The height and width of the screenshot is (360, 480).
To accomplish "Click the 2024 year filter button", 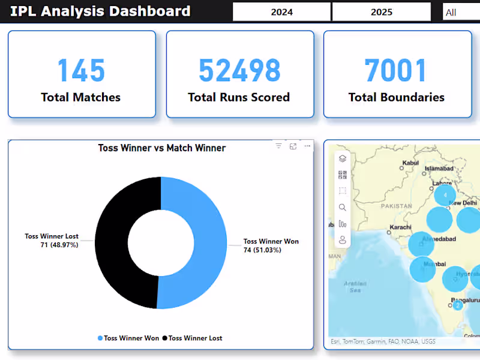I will pyautogui.click(x=281, y=12).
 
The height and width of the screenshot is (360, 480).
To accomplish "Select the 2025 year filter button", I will pyautogui.click(x=381, y=12).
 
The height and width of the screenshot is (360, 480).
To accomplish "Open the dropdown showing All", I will pyautogui.click(x=461, y=12).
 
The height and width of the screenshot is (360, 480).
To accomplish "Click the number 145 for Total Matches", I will pyautogui.click(x=81, y=71).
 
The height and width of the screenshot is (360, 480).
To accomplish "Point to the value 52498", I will pyautogui.click(x=239, y=71).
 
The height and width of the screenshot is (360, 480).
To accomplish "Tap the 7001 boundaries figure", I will pyautogui.click(x=396, y=71).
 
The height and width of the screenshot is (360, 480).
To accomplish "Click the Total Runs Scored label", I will pyautogui.click(x=239, y=97).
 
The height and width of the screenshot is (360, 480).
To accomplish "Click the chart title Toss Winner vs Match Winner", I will pyautogui.click(x=161, y=148).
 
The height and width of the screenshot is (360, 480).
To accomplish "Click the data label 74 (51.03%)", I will pyautogui.click(x=262, y=250).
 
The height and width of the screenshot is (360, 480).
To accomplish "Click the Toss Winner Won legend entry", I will pyautogui.click(x=128, y=338).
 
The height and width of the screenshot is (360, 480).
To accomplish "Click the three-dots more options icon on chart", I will pyautogui.click(x=307, y=146).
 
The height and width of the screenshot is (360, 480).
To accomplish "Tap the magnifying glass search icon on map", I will pyautogui.click(x=343, y=208).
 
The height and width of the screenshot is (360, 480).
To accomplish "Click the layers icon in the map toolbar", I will pyautogui.click(x=343, y=159).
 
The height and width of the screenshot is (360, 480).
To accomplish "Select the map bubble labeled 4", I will pyautogui.click(x=445, y=195).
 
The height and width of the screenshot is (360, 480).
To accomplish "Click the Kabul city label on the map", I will pyautogui.click(x=411, y=163).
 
